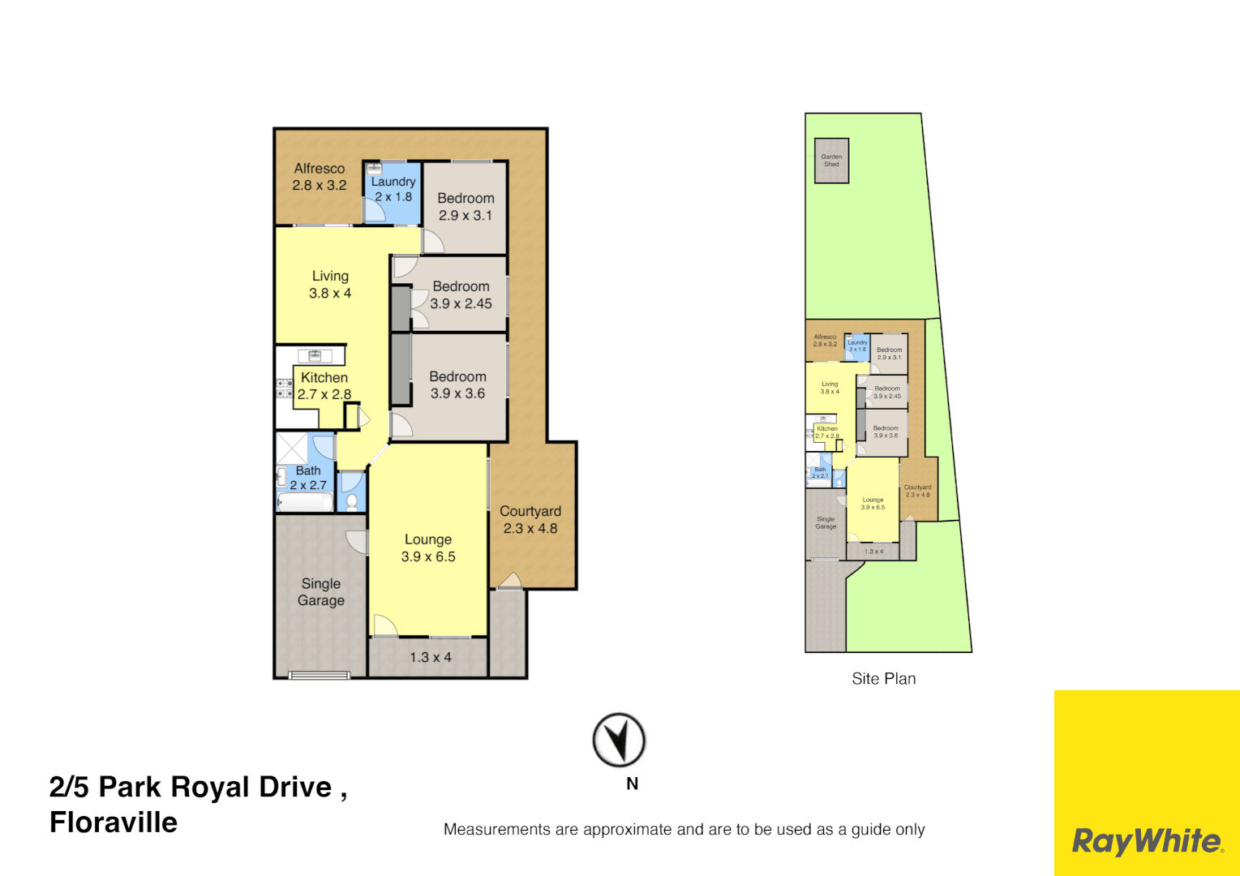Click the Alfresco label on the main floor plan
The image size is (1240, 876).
point(319,169)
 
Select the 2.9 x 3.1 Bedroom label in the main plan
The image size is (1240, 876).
point(466,207)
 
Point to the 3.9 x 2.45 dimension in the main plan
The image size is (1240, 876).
point(461,304)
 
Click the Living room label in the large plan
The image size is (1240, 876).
point(330,277)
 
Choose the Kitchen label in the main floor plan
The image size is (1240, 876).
point(324,378)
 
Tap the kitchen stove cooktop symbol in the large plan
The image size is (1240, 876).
point(284,389)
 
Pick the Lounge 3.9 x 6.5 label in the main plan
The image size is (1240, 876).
point(428,548)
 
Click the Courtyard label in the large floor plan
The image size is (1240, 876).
point(530,512)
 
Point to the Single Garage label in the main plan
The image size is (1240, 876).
point(321,592)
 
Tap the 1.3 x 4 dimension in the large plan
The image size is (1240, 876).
point(431,658)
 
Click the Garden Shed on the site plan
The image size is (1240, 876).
point(831,161)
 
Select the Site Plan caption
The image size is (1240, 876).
point(883,679)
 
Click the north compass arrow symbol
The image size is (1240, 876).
point(619,740)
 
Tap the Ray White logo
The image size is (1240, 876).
point(1146,841)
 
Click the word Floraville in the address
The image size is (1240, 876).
point(114,822)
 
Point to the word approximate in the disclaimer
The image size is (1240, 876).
point(627,830)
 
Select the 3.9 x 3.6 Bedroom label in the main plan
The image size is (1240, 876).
point(458,385)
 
